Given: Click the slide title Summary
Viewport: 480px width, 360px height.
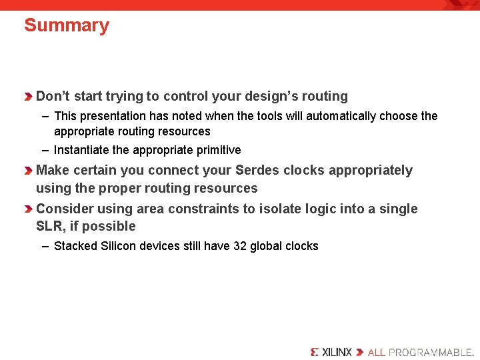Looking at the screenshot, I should [66, 26].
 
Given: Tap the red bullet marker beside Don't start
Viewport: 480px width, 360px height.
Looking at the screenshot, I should [29, 97].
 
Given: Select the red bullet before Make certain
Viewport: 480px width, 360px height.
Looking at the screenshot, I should [29, 171].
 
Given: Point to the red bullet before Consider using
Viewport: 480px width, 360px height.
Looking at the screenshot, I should [29, 210].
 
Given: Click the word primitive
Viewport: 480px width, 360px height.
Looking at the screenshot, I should [218, 150].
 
